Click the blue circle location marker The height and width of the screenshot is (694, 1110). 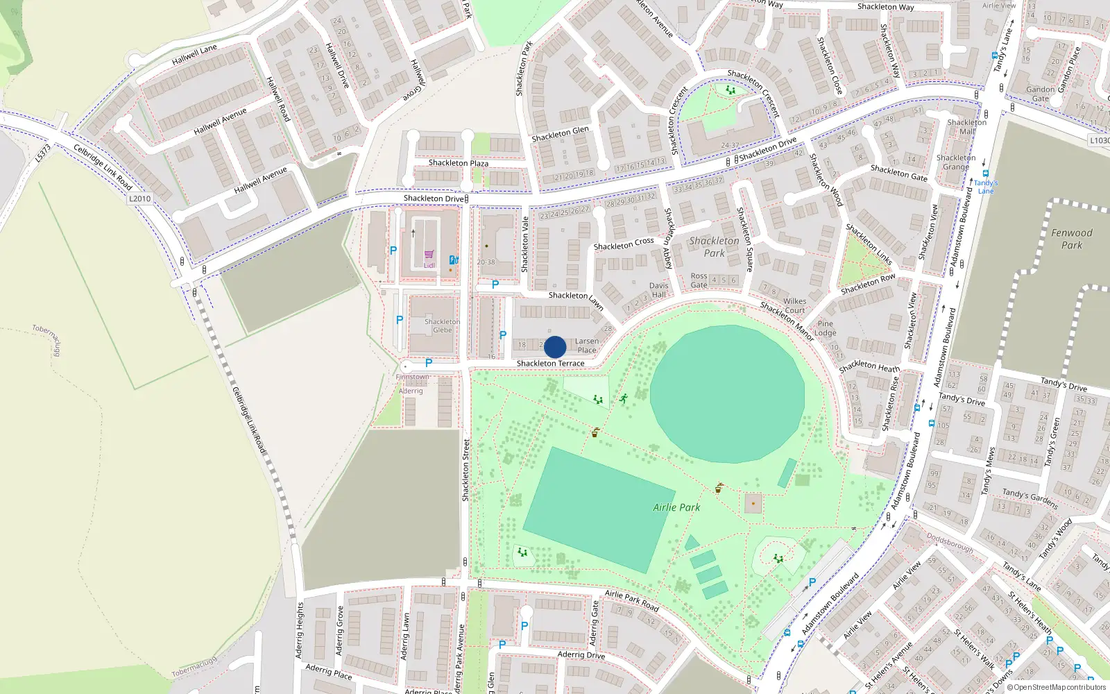[x=555, y=347]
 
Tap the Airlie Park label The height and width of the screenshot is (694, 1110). [x=676, y=507]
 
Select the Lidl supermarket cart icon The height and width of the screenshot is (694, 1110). [x=429, y=255]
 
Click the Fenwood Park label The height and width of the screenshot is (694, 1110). [x=1071, y=239]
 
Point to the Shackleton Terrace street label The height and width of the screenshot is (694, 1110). [x=550, y=363]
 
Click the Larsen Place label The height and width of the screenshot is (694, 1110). [x=586, y=346]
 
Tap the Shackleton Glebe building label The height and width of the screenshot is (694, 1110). [x=442, y=325]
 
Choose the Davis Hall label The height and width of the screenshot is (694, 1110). [x=658, y=290]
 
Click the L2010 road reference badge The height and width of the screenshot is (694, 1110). [x=139, y=198]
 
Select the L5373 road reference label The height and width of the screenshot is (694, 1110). [x=43, y=153]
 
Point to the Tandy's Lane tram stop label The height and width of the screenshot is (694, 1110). [x=985, y=187]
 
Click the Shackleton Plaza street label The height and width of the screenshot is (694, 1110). [x=458, y=163]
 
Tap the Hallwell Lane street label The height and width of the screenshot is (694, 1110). [x=194, y=55]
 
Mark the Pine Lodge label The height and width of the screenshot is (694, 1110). [x=825, y=328]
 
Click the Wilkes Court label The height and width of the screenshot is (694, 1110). [x=794, y=305]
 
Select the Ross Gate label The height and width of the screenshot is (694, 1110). [x=699, y=280]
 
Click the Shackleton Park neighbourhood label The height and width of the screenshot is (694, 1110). [x=714, y=247]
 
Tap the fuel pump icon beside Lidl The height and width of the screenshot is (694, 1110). [x=453, y=260]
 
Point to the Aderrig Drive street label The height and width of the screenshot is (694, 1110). [x=581, y=654]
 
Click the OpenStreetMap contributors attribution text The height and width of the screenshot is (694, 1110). [x=1056, y=688]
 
